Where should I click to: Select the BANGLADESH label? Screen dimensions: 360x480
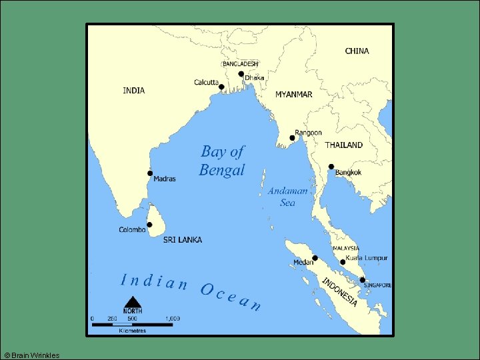(x=240, y=64)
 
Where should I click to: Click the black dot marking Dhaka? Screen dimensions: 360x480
(x=241, y=75)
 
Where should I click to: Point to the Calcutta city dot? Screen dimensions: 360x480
(x=221, y=87)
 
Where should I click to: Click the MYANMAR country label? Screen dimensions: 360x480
(x=293, y=95)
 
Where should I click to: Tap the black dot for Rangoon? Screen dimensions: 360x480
(x=292, y=138)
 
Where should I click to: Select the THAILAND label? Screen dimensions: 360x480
(x=343, y=145)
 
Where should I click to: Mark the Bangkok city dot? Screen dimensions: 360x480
(x=331, y=167)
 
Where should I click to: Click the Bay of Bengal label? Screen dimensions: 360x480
(x=222, y=161)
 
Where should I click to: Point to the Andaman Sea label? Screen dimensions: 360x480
(x=288, y=197)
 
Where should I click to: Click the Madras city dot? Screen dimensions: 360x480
(x=150, y=173)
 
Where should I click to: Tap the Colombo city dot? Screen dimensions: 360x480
(x=150, y=225)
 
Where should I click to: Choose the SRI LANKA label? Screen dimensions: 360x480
(x=182, y=240)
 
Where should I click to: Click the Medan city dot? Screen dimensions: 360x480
(x=315, y=258)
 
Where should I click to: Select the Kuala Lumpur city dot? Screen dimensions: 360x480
(x=343, y=262)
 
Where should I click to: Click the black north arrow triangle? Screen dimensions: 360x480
(x=133, y=303)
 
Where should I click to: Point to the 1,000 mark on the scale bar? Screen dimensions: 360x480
(x=172, y=319)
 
